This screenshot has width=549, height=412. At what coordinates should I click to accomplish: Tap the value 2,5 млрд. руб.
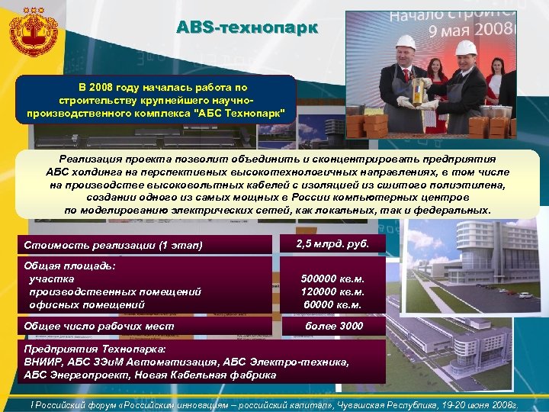pyautogui.click(x=332, y=243)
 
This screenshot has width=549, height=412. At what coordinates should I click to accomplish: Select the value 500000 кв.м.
pyautogui.click(x=332, y=278)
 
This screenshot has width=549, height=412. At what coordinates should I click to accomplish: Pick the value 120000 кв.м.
pyautogui.click(x=332, y=291)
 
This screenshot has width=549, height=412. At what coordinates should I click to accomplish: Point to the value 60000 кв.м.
pyautogui.click(x=332, y=304)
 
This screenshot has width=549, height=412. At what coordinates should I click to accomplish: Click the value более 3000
pyautogui.click(x=334, y=326)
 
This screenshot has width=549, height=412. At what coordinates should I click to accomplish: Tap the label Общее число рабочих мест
pyautogui.click(x=99, y=327)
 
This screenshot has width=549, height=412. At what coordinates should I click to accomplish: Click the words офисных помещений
pyautogui.click(x=87, y=304)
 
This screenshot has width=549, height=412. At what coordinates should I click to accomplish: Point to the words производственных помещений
pyautogui.click(x=114, y=291)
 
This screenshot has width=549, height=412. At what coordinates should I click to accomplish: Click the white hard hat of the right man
pyautogui.click(x=465, y=48)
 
